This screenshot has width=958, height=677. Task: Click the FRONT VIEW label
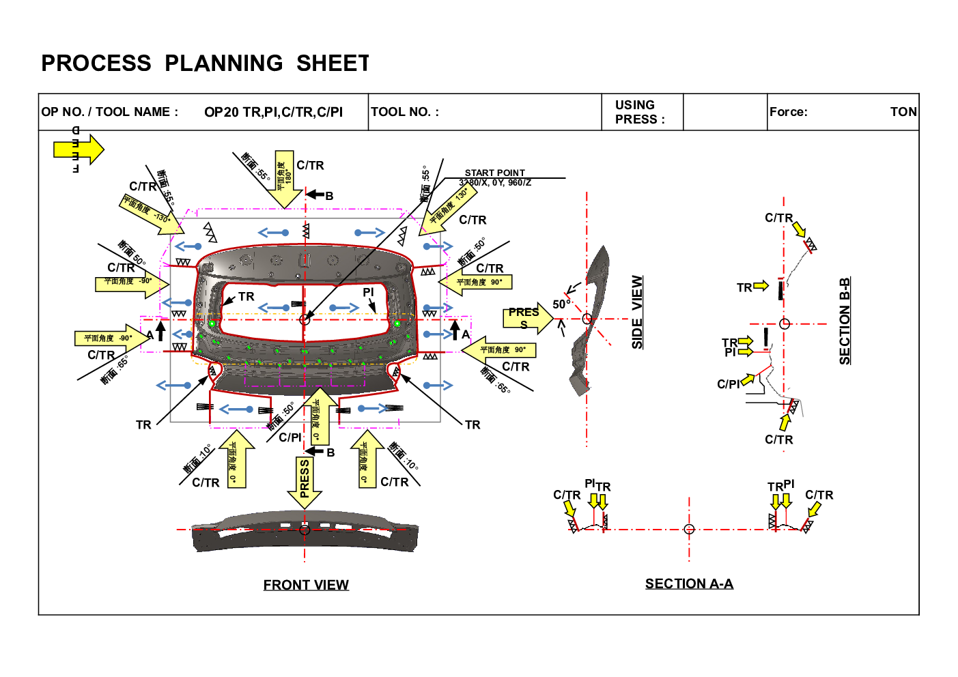305,584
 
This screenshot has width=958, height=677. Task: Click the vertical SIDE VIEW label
637,313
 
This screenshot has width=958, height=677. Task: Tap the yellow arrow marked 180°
285,179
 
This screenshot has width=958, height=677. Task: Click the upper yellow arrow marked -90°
130,282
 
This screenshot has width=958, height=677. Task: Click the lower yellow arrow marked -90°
111,338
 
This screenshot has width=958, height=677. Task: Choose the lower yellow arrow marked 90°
498,350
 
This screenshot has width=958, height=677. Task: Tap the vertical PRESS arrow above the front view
305,481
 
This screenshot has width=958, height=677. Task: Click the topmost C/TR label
778,218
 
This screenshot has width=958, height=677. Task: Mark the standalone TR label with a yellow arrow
744,287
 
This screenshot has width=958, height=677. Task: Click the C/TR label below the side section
778,440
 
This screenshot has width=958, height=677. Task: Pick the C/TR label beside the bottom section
819,495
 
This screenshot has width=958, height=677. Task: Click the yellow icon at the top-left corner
78,149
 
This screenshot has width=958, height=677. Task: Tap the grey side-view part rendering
588,321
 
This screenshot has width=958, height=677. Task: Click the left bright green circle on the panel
212,323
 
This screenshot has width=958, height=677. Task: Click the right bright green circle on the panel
397,323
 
